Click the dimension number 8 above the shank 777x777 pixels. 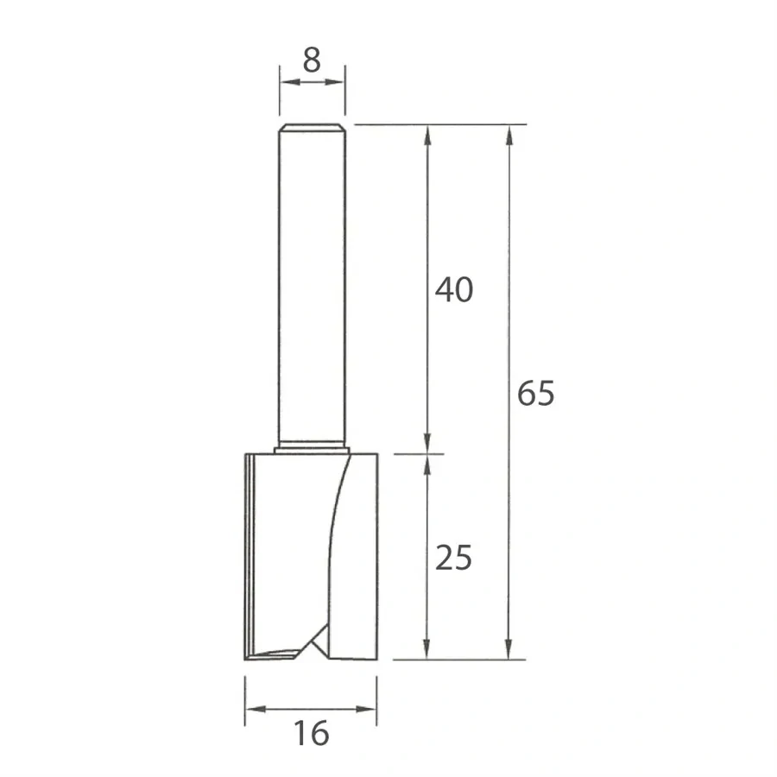(312, 60)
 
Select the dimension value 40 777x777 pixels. (453, 290)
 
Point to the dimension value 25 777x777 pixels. (453, 559)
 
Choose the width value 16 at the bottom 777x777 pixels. (311, 734)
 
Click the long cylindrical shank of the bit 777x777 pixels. (312, 285)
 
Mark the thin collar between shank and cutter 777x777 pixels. (312, 449)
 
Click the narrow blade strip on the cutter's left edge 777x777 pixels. (249, 553)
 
